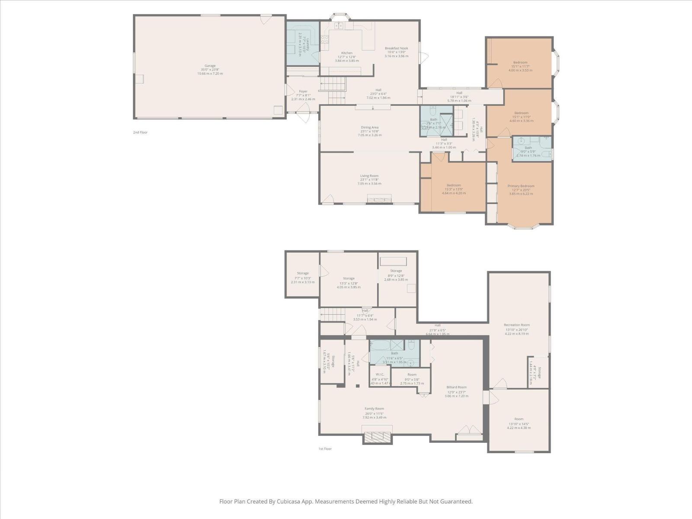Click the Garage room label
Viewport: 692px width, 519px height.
coord(210,66)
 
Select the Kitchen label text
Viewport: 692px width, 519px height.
coord(347,53)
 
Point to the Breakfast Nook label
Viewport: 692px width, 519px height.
coord(396,48)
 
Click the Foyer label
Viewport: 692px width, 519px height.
coord(303,91)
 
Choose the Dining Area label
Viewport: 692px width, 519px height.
coord(370,128)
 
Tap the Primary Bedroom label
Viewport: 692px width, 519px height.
coord(521,186)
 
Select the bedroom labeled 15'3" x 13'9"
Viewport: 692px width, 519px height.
coord(454,185)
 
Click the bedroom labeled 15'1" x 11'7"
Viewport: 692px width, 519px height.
coord(520,62)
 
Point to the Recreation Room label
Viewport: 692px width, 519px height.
coord(516,325)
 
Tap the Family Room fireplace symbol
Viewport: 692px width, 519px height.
coord(378,437)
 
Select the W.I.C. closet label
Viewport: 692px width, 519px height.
coord(380,375)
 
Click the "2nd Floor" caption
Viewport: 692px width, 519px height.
coord(140,132)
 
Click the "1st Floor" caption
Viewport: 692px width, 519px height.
coord(325,449)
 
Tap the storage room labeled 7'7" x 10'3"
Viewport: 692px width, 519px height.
coord(303,273)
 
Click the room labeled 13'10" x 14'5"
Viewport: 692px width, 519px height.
coord(519,419)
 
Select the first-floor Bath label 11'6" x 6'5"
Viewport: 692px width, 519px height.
coord(394,353)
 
